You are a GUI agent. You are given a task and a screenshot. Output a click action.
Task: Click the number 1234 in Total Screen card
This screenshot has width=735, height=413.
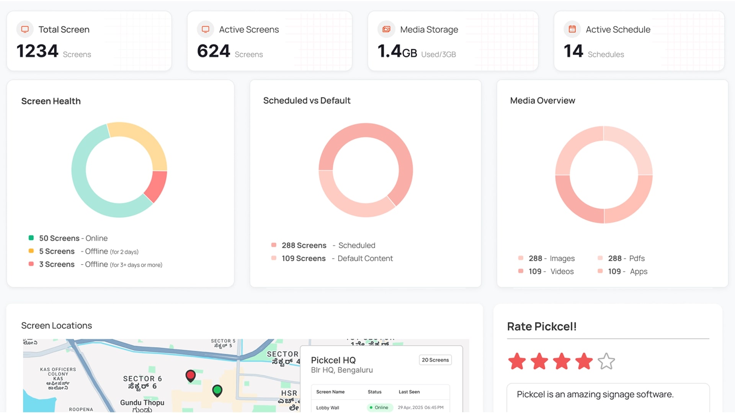coord(37,51)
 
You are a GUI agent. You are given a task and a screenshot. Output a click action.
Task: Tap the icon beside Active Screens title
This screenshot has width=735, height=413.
coord(206,29)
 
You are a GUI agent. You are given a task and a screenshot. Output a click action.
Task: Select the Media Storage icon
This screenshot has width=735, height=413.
coord(386,29)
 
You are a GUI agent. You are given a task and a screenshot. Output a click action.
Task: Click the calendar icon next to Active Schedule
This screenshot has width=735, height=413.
coord(572,29)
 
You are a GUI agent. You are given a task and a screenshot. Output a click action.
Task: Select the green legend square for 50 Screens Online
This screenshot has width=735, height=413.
coord(31,238)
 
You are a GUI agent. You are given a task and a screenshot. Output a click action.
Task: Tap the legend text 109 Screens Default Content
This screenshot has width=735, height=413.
coord(337,259)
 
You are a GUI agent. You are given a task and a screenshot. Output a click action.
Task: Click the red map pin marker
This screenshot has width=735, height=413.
coord(190,375)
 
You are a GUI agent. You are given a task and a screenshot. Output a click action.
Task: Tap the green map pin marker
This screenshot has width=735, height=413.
coord(217,390)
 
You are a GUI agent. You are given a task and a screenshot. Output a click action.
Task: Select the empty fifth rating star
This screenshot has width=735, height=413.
coord(606,361)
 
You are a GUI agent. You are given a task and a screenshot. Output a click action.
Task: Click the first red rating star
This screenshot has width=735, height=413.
coord(517,361)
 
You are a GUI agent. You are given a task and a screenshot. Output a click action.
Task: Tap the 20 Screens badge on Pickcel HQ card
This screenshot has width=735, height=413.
coord(435,360)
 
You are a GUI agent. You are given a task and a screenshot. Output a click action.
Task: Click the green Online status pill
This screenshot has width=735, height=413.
coord(379,407)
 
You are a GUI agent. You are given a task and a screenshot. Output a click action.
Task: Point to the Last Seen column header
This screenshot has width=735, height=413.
coord(409,392)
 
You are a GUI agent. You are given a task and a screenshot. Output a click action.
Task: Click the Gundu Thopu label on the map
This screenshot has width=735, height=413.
coord(142,403)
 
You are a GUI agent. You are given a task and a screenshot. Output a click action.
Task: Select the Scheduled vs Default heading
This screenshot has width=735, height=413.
coord(307,101)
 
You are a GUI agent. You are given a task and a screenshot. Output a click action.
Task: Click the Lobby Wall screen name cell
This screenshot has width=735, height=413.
coord(327,408)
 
